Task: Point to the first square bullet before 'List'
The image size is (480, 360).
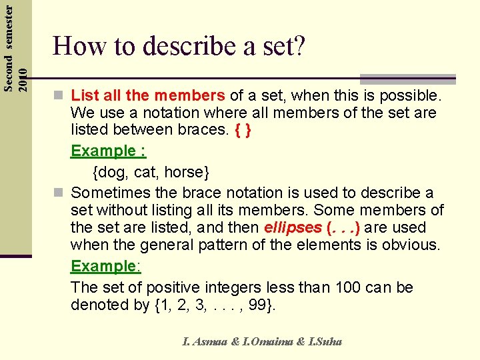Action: coord(60,95)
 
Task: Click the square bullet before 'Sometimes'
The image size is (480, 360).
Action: coord(60,193)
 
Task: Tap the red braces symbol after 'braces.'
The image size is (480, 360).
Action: coord(243,131)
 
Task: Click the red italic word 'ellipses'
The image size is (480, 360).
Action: coord(292,227)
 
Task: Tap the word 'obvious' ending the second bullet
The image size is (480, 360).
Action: coord(410,245)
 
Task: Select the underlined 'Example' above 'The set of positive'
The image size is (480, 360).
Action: coord(103,266)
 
